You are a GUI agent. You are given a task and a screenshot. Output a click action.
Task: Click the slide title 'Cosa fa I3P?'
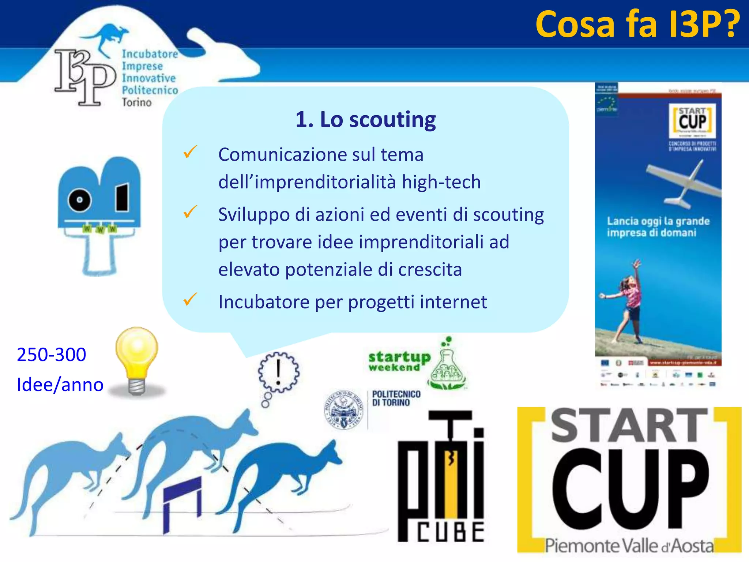(637, 25)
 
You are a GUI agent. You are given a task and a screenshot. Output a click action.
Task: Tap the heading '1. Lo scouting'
(365, 120)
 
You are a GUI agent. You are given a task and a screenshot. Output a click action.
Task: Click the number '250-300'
(52, 354)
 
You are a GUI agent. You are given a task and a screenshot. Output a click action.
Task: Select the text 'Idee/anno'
(60, 385)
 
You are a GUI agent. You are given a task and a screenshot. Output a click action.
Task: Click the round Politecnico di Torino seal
(344, 409)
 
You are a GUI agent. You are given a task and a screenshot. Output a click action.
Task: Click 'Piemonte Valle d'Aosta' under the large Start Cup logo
(629, 546)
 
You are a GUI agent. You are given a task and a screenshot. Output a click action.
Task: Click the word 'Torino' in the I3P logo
(136, 102)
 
